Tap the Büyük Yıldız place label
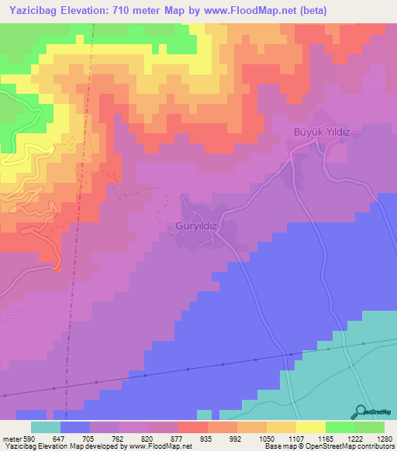pos(322,133)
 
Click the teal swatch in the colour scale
pos(46,427)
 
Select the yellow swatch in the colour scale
pos(310,427)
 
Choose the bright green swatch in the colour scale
pos(340,427)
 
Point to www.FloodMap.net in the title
pos(243,11)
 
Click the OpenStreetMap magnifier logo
pos(359,411)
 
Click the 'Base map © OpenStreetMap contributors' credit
pos(329,447)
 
